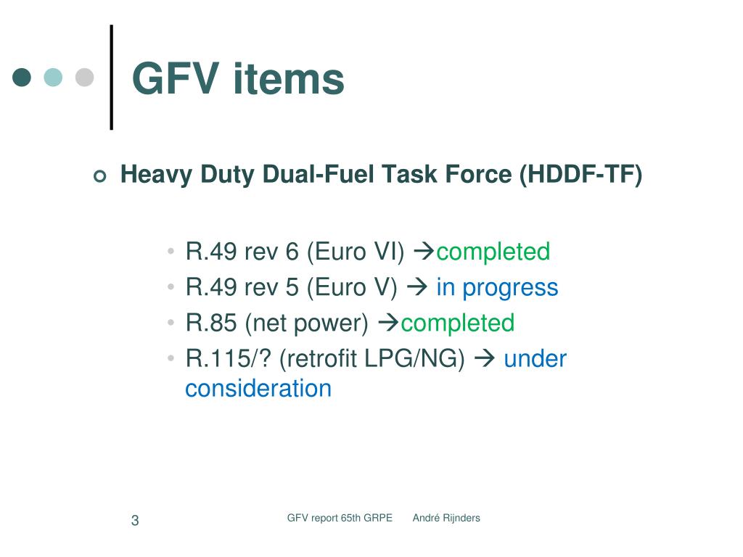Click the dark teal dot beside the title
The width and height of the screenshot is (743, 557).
[22, 78]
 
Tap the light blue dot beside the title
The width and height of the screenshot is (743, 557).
[53, 78]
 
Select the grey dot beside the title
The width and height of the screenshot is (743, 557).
[85, 78]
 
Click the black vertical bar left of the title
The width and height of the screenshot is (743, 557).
[111, 78]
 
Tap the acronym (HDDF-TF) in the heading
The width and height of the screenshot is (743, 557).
[580, 175]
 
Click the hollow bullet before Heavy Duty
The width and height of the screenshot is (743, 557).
[100, 176]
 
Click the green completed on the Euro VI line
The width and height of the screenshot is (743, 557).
[493, 252]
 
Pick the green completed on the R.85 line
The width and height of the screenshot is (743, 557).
[457, 323]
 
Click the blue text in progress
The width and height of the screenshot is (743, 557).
[497, 287]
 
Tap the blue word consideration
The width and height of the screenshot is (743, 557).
[258, 388]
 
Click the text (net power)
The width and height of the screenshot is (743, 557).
[307, 323]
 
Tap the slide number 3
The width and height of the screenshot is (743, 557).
[135, 520]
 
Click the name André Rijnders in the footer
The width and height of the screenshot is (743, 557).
[446, 518]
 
